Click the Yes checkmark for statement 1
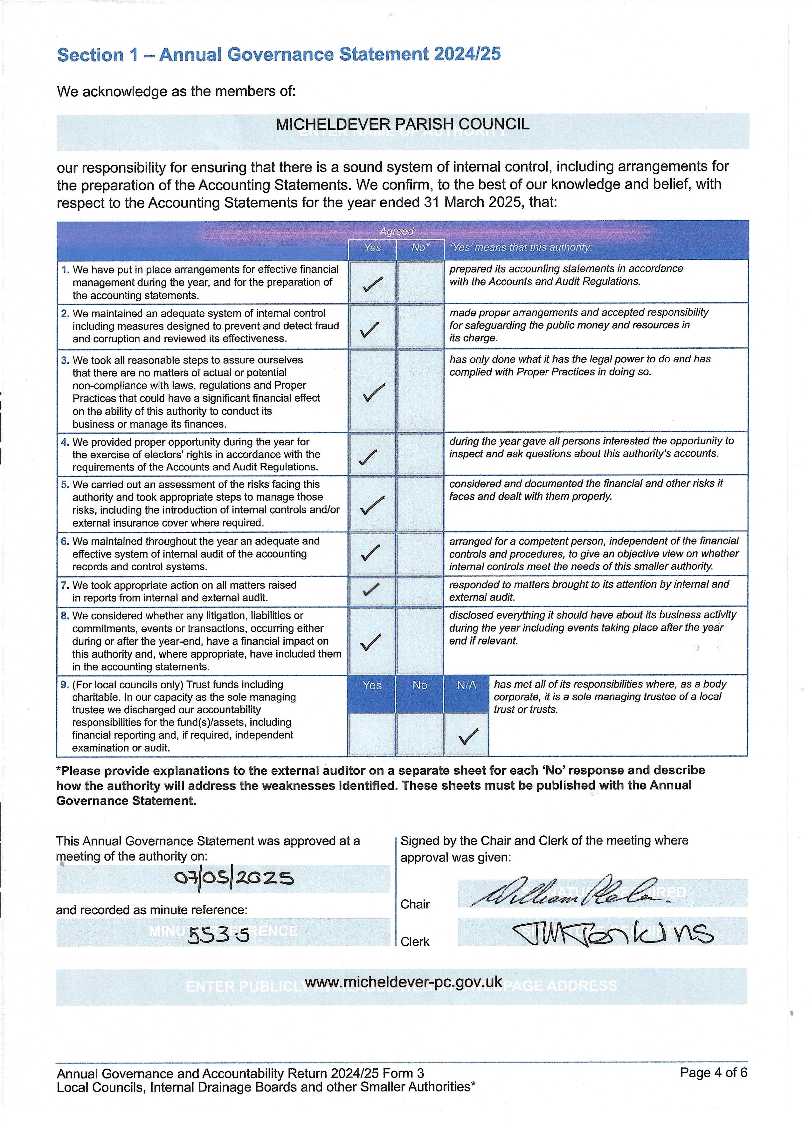(x=372, y=284)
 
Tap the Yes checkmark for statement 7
(x=371, y=589)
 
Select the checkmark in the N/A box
(x=467, y=737)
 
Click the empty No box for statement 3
(x=420, y=391)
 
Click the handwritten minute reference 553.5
(x=218, y=936)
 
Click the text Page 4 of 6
(x=713, y=1073)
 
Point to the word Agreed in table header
(x=396, y=231)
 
